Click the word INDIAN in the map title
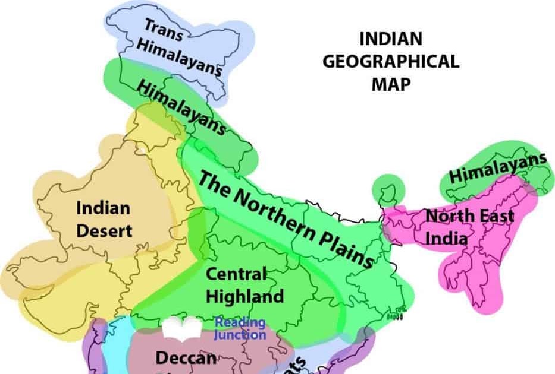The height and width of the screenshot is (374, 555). pos(390,40)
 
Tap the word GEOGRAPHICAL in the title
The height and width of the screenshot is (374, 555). pos(390,62)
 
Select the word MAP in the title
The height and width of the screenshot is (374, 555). pos(390,84)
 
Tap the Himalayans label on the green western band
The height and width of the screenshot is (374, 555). pos(182,107)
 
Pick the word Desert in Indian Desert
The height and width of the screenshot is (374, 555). pos(104,230)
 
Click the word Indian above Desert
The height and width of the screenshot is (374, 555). pos(103,208)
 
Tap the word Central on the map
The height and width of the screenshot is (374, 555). pos(236,274)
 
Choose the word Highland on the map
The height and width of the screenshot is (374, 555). pos(244,295)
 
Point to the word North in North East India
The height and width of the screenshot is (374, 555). pos(444,216)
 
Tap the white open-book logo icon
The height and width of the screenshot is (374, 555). pos(183,328)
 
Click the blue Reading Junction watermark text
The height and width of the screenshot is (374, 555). pos(240,329)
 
